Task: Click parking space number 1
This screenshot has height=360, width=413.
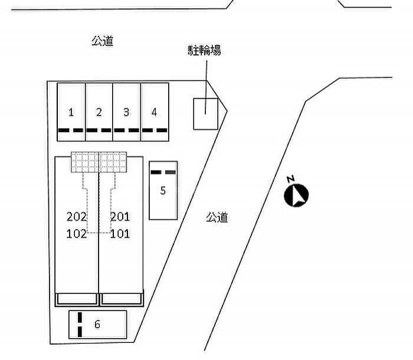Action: coord(71,112)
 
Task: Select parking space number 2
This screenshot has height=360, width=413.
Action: coord(99,112)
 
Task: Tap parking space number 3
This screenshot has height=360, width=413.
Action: coord(127,112)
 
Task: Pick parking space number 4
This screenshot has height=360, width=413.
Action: coord(155,112)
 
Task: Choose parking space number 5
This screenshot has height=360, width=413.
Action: coord(163,190)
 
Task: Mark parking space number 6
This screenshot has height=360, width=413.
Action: coord(98,325)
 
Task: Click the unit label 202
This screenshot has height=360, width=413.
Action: coord(77,217)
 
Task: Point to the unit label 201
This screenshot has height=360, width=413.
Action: coord(120,217)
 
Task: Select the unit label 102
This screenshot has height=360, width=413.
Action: coord(77,234)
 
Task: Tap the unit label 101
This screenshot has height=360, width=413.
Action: coord(120,234)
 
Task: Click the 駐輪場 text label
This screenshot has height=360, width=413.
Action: coord(204,50)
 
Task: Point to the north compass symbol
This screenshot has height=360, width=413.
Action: coord(296,195)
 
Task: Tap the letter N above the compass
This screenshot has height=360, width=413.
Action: coord(291,179)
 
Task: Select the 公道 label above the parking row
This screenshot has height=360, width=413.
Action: coord(103,41)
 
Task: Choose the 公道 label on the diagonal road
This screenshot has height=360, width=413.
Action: coord(217,217)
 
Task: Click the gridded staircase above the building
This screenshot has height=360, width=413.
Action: coord(99,162)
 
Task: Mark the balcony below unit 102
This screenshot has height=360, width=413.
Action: coord(77,299)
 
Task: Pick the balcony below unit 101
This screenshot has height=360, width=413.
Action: coord(122,299)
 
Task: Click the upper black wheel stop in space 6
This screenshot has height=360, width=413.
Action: coord(80,318)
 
